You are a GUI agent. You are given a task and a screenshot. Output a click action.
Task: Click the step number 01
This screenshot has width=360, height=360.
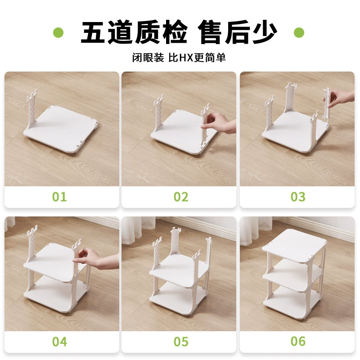click(x=59, y=197)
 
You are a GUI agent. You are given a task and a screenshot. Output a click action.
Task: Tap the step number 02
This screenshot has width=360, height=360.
click(x=181, y=197)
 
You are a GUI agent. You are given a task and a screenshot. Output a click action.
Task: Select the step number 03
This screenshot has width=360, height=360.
click(x=298, y=197)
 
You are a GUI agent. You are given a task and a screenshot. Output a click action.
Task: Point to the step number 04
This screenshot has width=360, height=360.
click(x=59, y=342)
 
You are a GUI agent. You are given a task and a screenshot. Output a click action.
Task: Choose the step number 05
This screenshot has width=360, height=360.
click(x=181, y=342)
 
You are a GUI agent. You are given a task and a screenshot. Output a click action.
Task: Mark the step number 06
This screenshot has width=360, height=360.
click(x=298, y=342)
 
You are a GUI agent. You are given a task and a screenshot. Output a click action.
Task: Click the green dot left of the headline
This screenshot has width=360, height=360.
click(x=58, y=32)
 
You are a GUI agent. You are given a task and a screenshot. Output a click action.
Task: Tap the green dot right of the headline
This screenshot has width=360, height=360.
click(x=299, y=32)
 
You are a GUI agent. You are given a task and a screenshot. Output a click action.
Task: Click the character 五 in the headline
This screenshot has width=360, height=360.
click(x=94, y=32)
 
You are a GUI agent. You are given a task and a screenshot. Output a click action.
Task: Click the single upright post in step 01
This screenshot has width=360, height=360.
click(x=31, y=110)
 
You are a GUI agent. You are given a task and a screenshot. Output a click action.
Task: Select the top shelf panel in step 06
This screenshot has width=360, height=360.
click(x=295, y=246)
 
